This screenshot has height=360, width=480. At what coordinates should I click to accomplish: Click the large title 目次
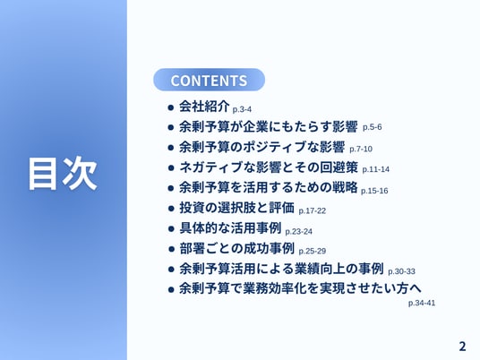[x=63, y=174]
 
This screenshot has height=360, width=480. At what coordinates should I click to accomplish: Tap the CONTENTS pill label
[x=209, y=80]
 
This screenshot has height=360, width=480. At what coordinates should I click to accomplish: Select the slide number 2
[x=462, y=347]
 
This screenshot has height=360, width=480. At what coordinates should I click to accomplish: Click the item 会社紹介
[x=204, y=107]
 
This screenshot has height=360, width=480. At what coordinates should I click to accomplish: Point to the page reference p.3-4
[x=242, y=109]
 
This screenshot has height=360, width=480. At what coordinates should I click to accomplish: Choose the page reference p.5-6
[x=373, y=127]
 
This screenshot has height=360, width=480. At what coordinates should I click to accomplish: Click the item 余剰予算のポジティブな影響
[x=262, y=147]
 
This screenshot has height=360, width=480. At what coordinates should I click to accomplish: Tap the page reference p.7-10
[x=361, y=149]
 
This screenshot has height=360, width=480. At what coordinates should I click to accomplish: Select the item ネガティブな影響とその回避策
[x=269, y=167]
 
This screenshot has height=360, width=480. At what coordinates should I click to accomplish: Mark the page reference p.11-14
[x=376, y=169]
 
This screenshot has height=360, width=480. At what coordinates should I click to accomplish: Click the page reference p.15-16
[x=374, y=191]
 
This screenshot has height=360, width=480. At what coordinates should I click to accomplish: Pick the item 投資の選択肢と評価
[x=236, y=208]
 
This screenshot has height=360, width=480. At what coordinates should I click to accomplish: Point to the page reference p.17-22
[x=313, y=211]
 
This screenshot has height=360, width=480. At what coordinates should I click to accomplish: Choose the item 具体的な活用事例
[x=230, y=227]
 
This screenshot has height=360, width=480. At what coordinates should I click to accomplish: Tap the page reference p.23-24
[x=299, y=231]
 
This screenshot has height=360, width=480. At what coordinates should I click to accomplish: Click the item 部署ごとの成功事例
[x=236, y=248]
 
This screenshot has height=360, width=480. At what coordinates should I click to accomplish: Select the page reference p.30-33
[x=401, y=271]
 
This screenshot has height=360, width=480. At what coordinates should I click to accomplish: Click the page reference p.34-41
[x=422, y=303]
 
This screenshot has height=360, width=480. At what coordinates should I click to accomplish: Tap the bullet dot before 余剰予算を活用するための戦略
[x=171, y=188]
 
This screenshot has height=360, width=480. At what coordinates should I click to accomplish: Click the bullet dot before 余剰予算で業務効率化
[x=171, y=289]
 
